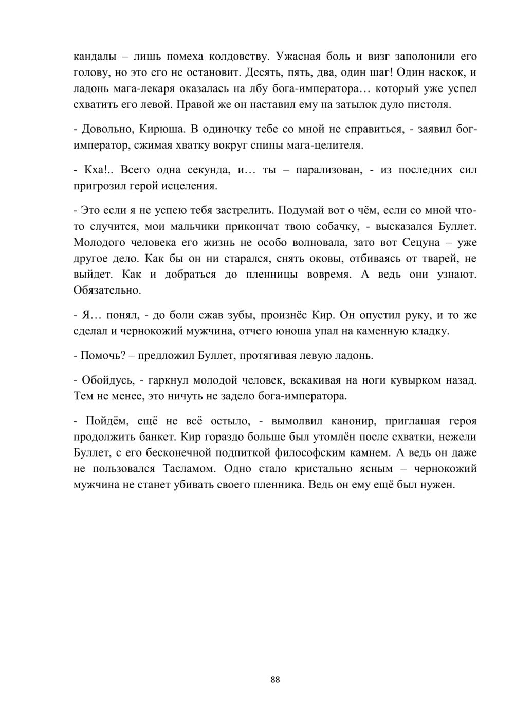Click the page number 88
click(x=275, y=680)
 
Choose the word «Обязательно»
click(x=106, y=290)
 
